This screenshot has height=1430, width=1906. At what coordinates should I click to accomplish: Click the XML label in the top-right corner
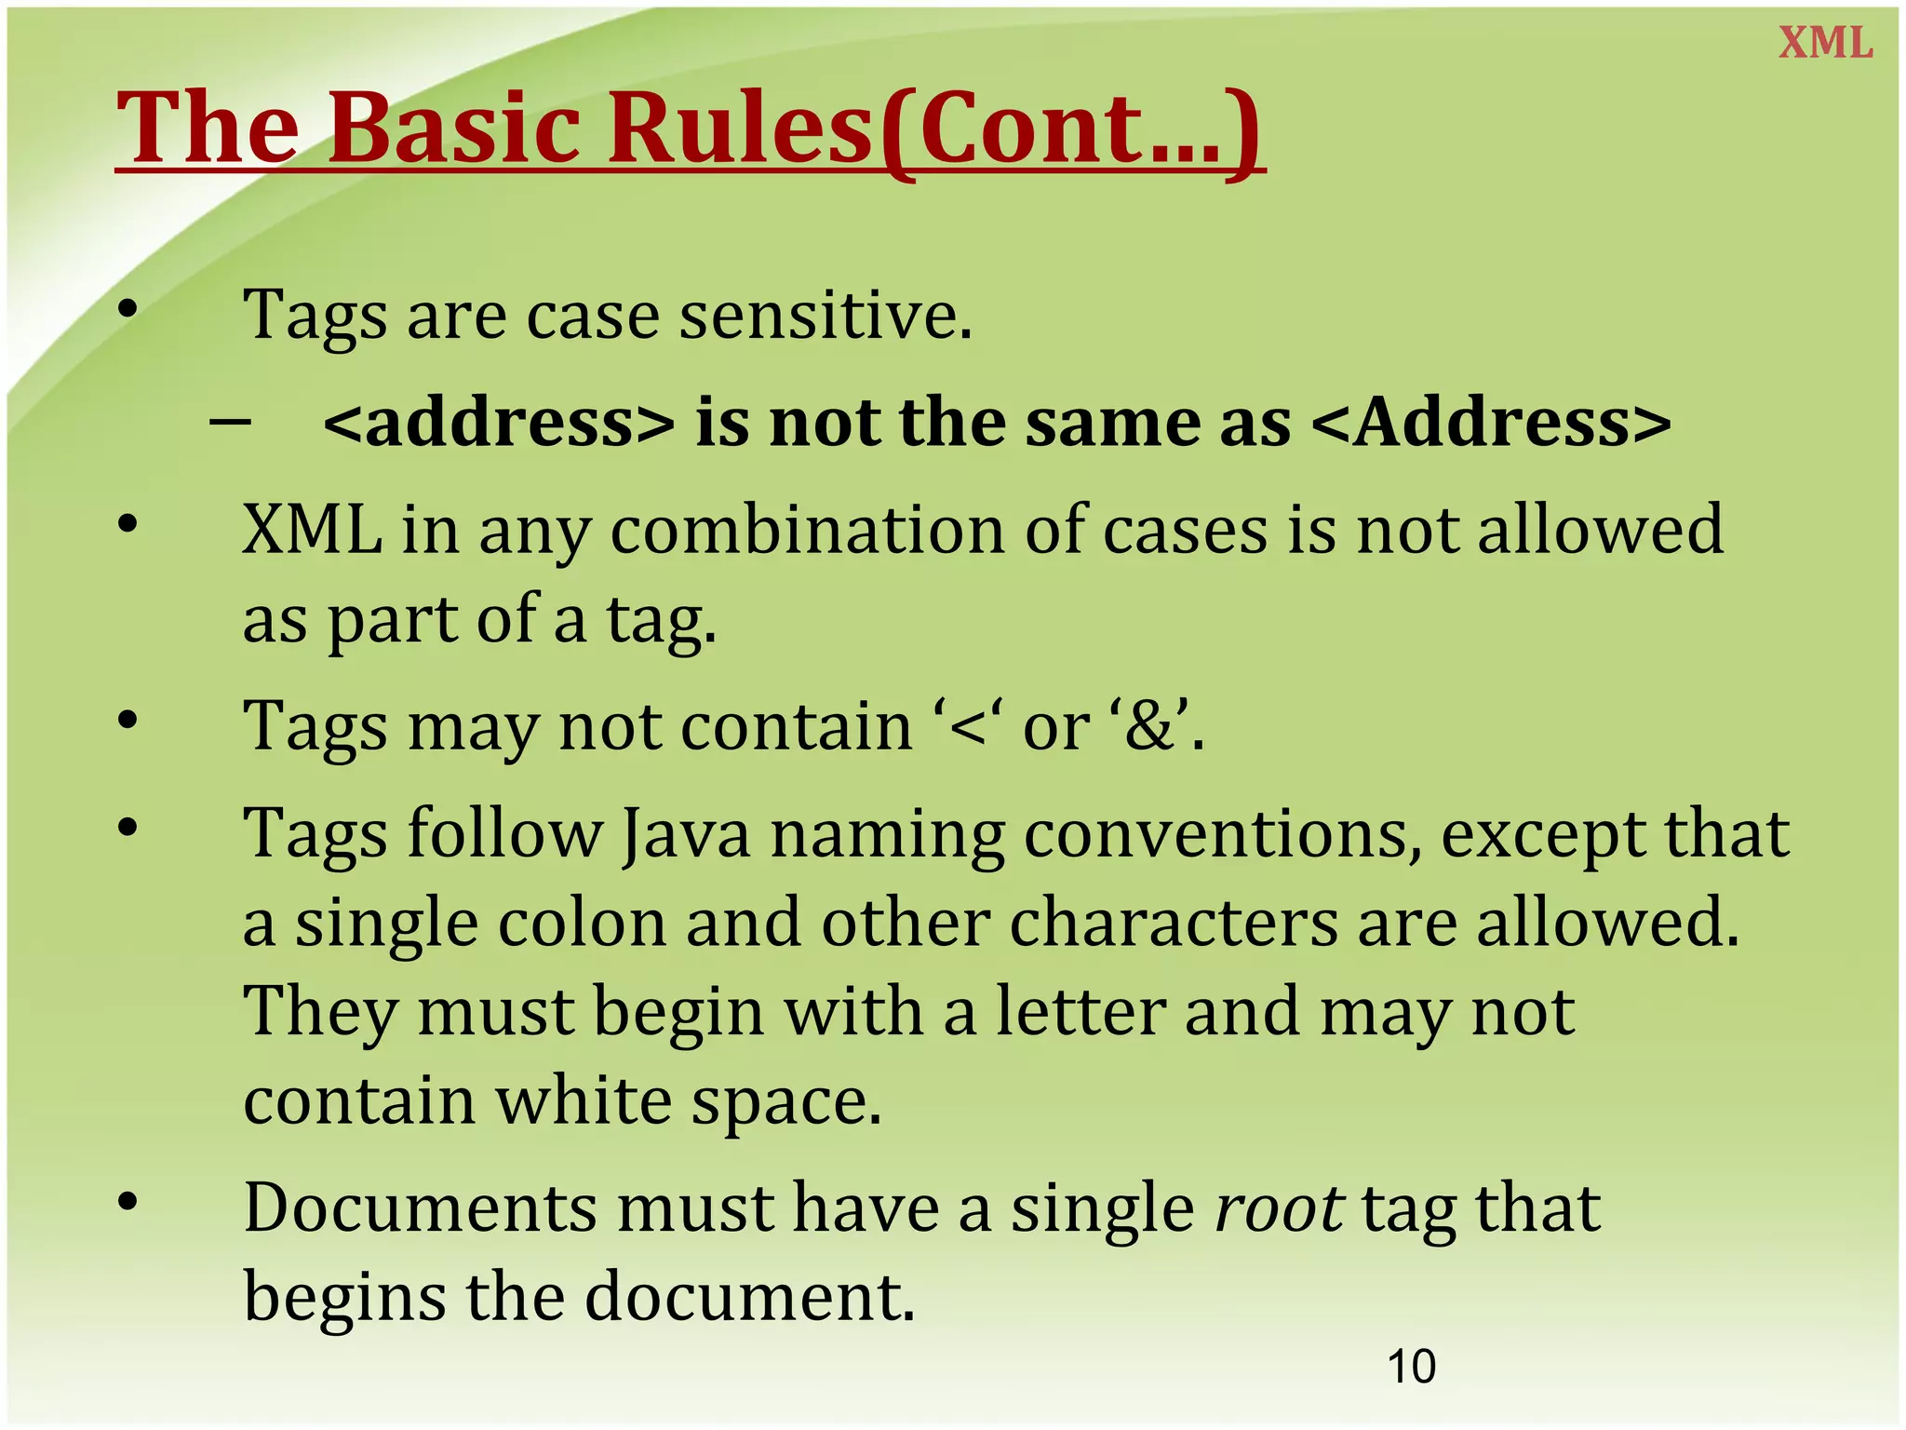pyautogui.click(x=1825, y=44)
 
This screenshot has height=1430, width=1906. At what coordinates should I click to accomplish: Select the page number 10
pyautogui.click(x=1411, y=1367)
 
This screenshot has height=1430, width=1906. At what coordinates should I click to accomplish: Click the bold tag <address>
pyautogui.click(x=499, y=424)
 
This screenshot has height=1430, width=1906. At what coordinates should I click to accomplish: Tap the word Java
pyautogui.click(x=685, y=833)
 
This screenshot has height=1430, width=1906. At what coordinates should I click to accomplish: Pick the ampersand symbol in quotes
pyautogui.click(x=1151, y=727)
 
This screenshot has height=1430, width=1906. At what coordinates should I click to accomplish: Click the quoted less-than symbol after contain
pyautogui.click(x=968, y=727)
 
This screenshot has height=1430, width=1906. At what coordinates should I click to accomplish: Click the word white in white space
pyautogui.click(x=583, y=1101)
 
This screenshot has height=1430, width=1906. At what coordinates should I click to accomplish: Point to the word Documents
pyautogui.click(x=420, y=1208)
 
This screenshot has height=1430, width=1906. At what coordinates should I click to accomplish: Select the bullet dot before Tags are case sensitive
pyautogui.click(x=128, y=309)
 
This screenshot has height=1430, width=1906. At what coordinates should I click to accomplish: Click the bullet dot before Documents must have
pyautogui.click(x=128, y=1203)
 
